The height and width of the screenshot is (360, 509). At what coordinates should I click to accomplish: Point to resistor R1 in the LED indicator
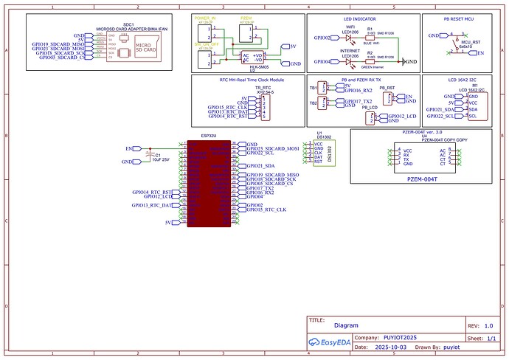(370, 35)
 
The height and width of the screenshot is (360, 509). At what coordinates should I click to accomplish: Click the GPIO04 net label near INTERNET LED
(322, 62)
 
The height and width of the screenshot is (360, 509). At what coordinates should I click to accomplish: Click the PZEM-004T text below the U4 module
(421, 179)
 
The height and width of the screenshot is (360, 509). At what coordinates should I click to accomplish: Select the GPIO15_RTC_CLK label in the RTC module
(226, 107)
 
